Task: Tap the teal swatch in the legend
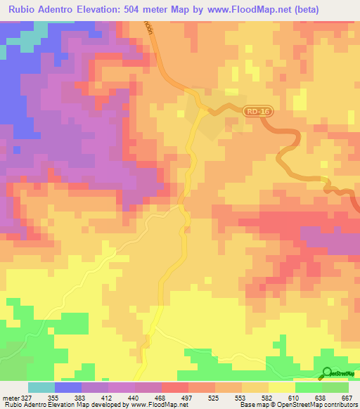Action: pyautogui.click(x=41, y=387)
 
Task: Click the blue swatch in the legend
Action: pyautogui.click(x=68, y=387)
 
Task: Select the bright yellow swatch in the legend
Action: pyautogui.click(x=281, y=387)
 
